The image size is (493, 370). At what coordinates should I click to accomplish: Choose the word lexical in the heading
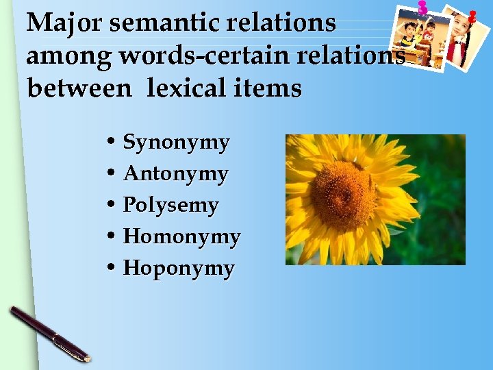tap(194, 88)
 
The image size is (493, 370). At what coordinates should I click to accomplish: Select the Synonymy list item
tap(176, 143)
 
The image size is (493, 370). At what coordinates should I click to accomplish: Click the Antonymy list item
tap(175, 174)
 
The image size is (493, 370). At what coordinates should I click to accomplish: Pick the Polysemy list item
tap(170, 206)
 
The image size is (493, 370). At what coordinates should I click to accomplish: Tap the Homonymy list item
tap(181, 237)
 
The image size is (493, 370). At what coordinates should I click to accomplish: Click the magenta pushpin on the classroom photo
tap(422, 8)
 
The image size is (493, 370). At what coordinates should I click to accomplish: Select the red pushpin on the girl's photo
tap(472, 14)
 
